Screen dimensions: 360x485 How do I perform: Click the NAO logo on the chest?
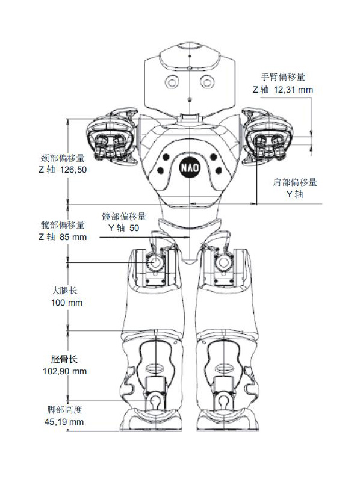pos(190,168)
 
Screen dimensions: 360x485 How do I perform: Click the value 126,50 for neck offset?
pos(73,170)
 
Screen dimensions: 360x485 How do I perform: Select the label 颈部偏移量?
pos(63,158)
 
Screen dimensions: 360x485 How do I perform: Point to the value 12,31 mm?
pos(293,90)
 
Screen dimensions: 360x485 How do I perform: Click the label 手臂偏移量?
pos(283,76)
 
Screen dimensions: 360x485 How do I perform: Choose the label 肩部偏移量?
pos(295,182)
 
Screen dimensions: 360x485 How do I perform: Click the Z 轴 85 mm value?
pos(63,237)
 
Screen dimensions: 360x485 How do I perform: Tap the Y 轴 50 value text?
pos(124,228)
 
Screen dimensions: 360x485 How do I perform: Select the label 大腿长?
pos(64,291)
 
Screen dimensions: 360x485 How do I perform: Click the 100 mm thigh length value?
pos(67,303)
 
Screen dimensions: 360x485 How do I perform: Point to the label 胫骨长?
pos(64,359)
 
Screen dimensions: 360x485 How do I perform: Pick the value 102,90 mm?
pos(64,371)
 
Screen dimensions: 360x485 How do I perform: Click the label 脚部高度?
pos(64,410)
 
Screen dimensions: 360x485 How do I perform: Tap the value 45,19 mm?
pos(64,422)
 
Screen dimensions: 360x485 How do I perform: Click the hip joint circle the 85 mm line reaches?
pos(155,262)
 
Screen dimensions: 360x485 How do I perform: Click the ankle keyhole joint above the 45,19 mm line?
pos(154,401)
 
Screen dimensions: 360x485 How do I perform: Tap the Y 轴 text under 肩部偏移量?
pos(295,194)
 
